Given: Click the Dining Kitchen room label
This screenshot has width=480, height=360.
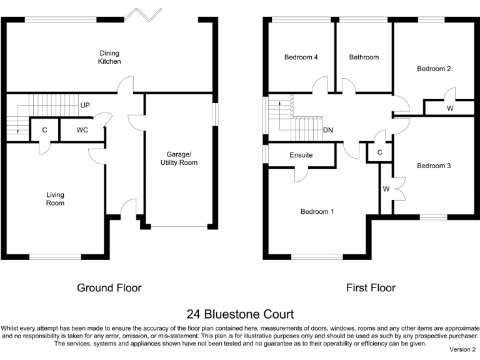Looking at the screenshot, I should (x=109, y=57).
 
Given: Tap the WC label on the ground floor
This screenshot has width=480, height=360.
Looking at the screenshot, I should (x=82, y=130).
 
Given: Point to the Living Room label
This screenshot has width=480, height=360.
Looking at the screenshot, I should (x=55, y=199).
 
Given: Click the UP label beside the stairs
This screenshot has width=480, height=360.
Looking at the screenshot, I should (x=84, y=106).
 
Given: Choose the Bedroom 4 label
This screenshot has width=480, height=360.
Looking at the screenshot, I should (x=301, y=57).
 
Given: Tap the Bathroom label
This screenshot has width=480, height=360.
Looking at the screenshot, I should (x=364, y=57).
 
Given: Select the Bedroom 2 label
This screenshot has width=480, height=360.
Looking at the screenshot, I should (x=434, y=69).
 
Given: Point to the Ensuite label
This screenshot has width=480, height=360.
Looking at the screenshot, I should (x=301, y=155).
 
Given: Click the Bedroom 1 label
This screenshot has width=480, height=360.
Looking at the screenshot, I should (x=317, y=211).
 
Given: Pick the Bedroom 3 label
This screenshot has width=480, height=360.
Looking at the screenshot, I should (x=434, y=166).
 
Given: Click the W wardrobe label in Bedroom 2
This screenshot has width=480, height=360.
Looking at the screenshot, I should (x=450, y=108).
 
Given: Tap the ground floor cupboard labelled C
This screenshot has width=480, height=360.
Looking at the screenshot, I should (x=44, y=130).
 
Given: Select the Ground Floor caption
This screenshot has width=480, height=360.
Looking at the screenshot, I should (x=109, y=288).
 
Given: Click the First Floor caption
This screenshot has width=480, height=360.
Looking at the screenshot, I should (x=371, y=288).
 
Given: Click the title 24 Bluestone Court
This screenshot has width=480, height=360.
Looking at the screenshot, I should (x=240, y=314).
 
